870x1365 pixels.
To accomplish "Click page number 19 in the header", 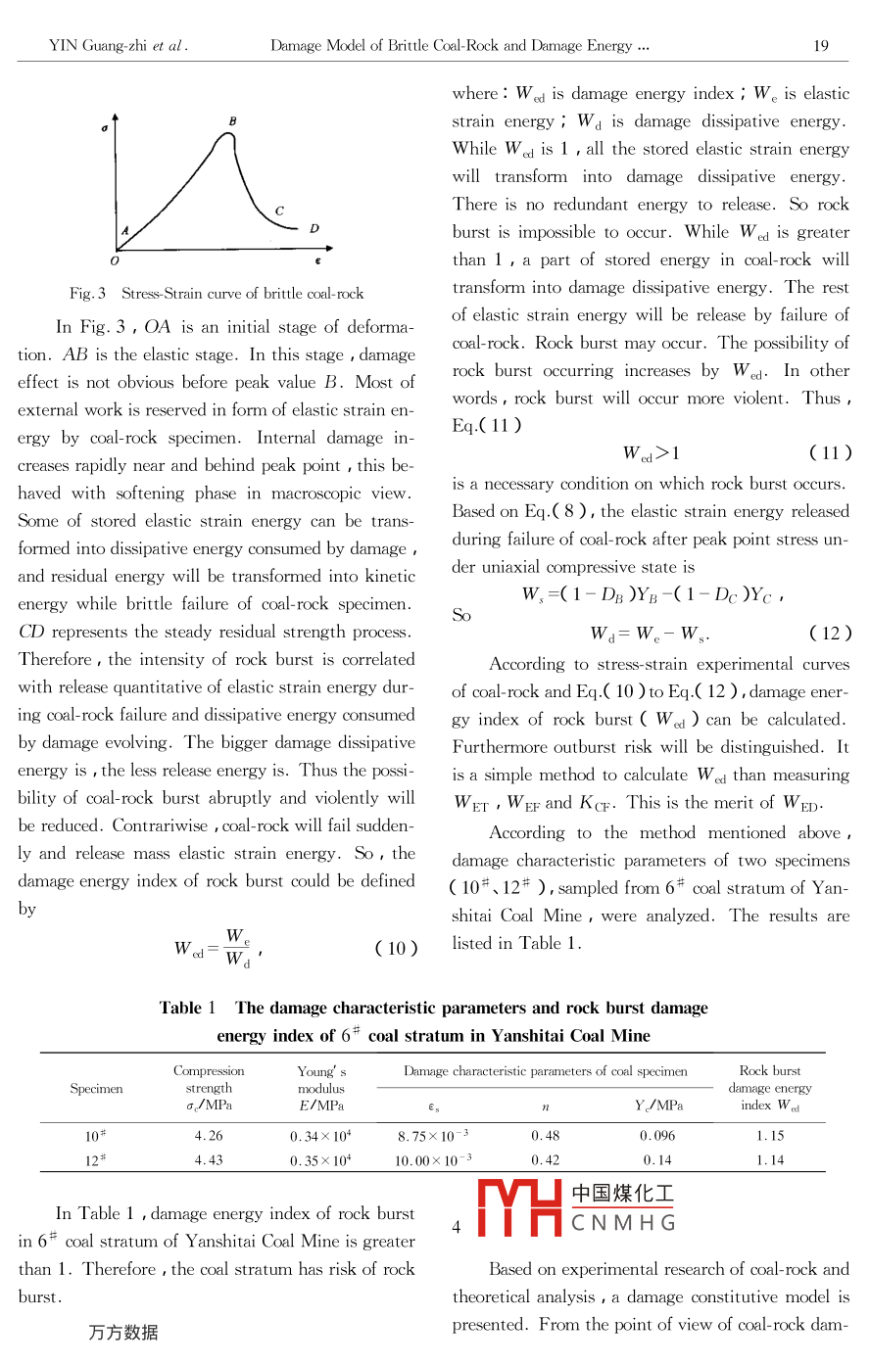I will point(821,45).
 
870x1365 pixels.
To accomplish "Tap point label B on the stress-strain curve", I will point(233,121).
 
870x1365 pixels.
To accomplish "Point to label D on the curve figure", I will point(314,228).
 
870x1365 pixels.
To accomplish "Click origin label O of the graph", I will point(115,261).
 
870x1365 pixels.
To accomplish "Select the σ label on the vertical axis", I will point(105,127).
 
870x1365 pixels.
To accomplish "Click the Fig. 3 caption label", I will point(87,293).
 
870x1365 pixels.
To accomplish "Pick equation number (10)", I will point(397,948).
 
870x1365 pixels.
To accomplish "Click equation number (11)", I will point(831,452).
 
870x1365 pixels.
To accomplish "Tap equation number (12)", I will point(831,633).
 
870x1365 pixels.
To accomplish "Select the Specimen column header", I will point(96,1088).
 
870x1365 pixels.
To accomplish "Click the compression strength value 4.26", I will point(208,1136).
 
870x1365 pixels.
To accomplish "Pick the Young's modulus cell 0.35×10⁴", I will point(320,1160).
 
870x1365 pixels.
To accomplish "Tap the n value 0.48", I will point(545,1136).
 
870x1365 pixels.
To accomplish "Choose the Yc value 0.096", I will point(657,1136).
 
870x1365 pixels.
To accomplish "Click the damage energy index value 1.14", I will point(770,1160).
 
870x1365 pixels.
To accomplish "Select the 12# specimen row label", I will point(95,1160).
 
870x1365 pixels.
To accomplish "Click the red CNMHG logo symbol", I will point(518,1207).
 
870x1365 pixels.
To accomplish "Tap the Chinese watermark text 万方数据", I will point(122,1332).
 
